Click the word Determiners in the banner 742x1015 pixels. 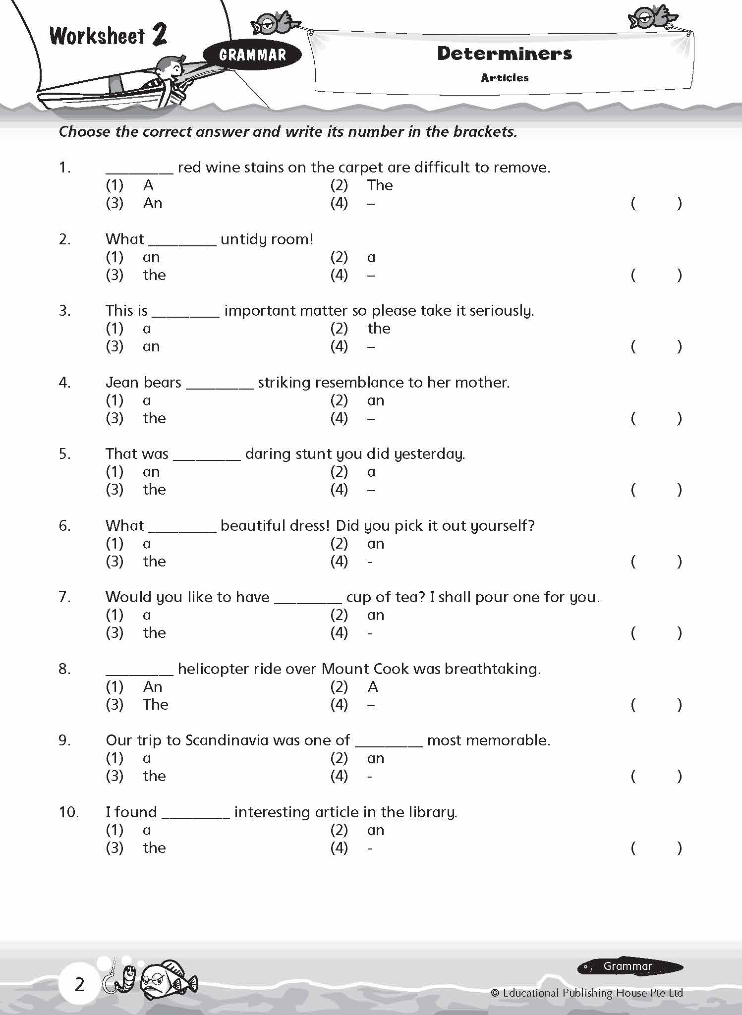(x=504, y=54)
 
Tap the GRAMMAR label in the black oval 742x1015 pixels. (x=252, y=55)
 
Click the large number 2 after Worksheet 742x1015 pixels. (x=159, y=35)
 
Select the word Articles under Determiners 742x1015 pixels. (x=505, y=78)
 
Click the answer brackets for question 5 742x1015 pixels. (x=656, y=490)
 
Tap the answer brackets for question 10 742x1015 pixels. (x=656, y=848)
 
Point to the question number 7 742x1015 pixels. (x=64, y=597)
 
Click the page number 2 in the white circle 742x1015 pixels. (x=79, y=985)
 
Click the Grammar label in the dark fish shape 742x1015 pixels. (x=628, y=966)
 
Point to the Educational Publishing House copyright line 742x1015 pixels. (x=587, y=993)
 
